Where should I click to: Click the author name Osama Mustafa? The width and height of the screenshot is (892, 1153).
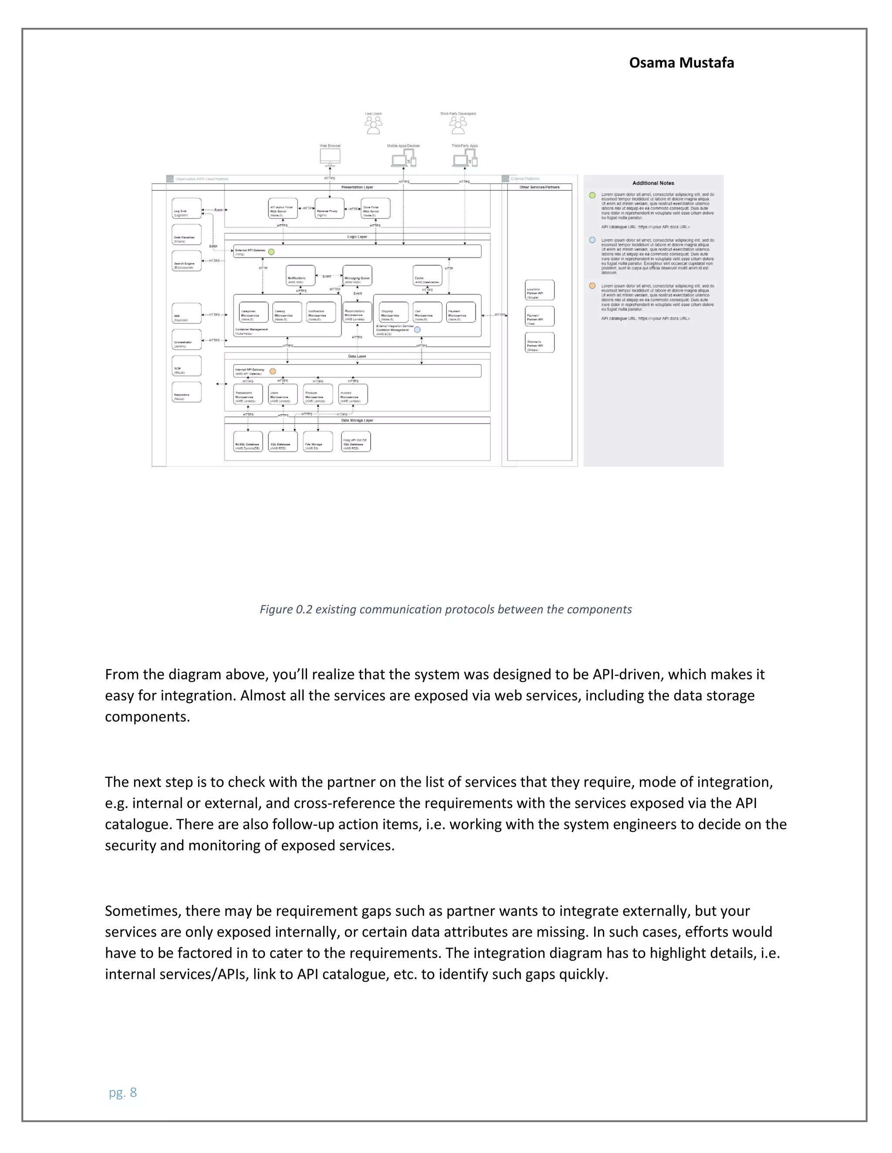point(681,63)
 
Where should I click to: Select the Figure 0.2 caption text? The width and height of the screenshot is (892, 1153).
point(446,609)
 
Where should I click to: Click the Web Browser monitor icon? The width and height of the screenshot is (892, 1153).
point(330,157)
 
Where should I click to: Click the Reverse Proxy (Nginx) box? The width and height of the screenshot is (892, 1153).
point(329,208)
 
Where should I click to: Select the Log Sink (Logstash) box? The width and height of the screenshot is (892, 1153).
point(186,208)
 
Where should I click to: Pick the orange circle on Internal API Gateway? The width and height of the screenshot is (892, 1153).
point(273,371)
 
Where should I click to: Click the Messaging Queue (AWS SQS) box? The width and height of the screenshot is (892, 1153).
point(357,275)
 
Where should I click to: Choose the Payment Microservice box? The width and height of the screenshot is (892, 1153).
point(461,312)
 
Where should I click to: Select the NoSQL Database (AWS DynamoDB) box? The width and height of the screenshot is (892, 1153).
point(248,442)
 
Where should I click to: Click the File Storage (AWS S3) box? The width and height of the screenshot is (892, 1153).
point(318,442)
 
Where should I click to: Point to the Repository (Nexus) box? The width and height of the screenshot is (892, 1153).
point(186,392)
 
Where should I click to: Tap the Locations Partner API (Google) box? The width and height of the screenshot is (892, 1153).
point(540,290)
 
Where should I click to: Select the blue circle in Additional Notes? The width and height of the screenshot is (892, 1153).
point(592,240)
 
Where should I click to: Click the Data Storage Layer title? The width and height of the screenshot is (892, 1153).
point(357,421)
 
